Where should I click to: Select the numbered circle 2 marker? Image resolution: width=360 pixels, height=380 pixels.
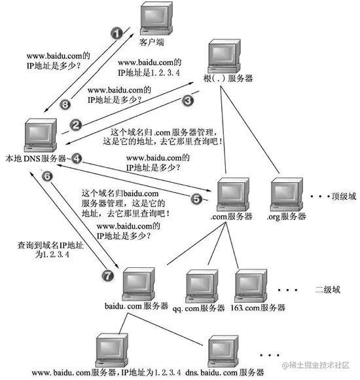pos(76,124)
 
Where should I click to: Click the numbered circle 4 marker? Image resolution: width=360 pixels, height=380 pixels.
pos(77,158)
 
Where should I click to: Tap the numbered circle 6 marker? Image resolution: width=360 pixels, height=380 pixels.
pos(46,176)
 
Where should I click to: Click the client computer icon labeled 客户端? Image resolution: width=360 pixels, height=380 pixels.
pos(156,20)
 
